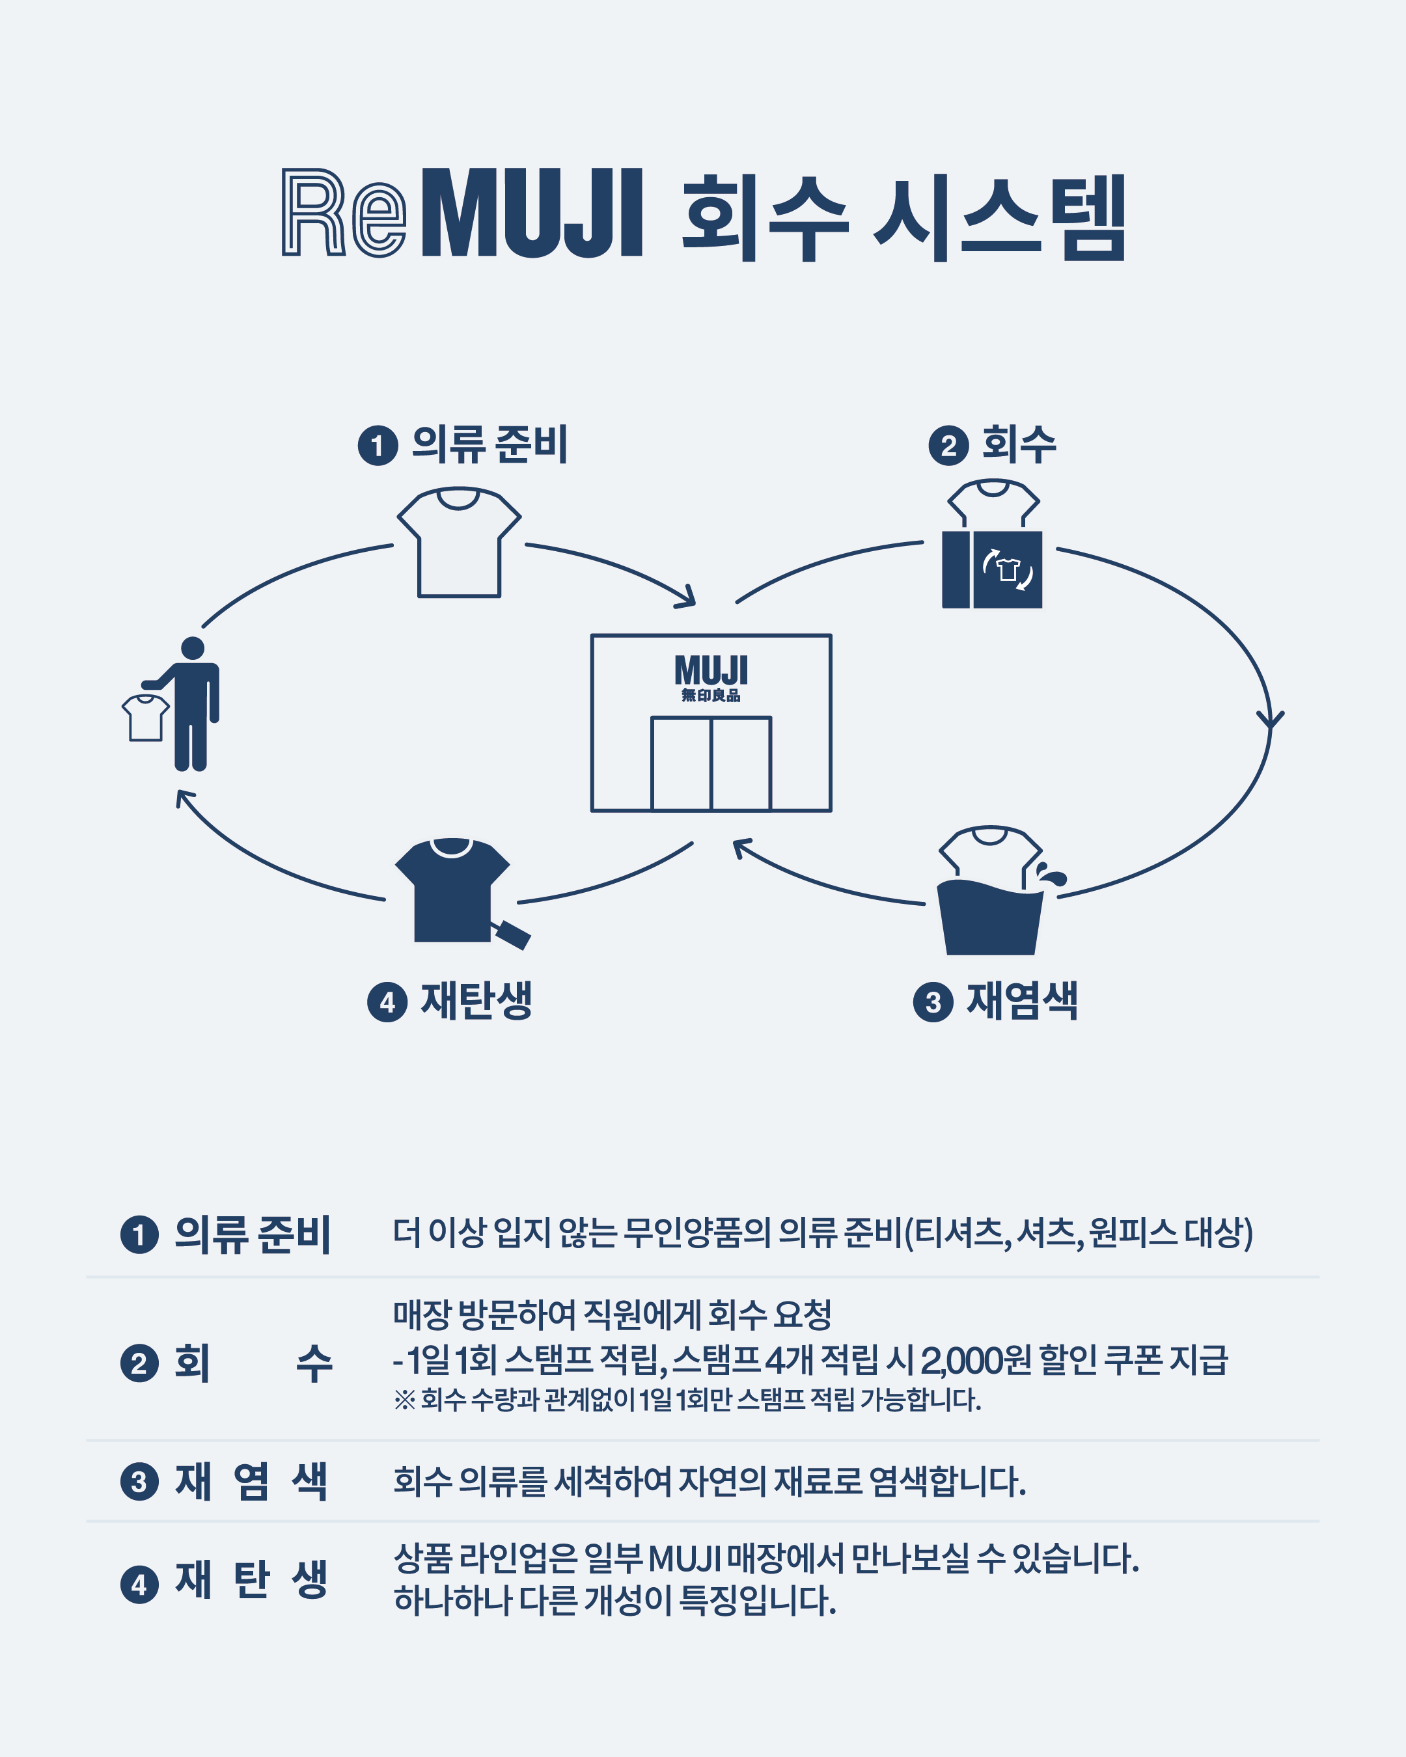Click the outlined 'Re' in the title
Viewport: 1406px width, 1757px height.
[x=343, y=213]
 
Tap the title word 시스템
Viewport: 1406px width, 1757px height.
[x=999, y=217]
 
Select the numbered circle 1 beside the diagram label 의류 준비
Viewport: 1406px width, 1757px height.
[x=378, y=446]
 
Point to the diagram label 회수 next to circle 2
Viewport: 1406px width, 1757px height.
[x=1019, y=445]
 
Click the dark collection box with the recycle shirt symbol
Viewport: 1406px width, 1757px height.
[x=992, y=569]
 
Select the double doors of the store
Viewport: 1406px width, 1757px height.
[x=711, y=763]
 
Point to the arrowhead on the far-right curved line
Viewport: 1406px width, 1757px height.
[x=1270, y=720]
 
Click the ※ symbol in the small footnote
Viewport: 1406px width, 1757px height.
[x=404, y=1400]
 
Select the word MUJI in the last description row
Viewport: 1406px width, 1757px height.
[x=685, y=1559]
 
